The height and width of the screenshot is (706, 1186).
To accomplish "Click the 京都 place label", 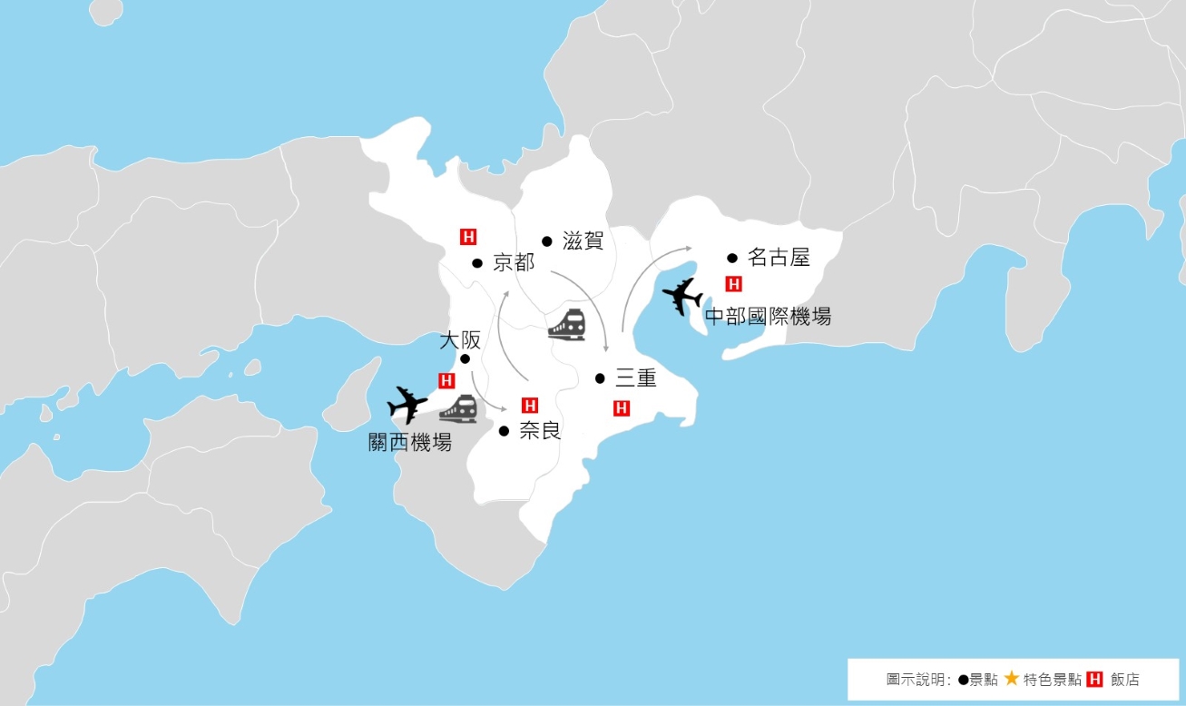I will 514,263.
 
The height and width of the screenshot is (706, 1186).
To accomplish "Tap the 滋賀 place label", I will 583,241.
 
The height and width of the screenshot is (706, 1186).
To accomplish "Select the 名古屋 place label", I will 778,258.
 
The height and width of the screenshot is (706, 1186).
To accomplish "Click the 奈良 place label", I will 539,430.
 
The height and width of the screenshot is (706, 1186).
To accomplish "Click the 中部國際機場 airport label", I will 768,317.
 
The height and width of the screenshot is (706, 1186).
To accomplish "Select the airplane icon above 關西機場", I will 407,405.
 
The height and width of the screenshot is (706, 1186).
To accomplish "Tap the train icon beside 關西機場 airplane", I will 458,409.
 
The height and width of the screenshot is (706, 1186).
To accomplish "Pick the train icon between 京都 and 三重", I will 567,324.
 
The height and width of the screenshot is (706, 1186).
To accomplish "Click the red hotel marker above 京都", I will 468,238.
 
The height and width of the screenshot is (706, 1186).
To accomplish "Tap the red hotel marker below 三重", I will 622,407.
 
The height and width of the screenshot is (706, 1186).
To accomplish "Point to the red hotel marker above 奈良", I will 530,405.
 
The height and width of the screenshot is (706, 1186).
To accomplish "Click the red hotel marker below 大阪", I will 446,380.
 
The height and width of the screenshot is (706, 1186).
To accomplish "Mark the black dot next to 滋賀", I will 547,241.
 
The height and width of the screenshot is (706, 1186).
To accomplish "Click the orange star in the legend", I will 1012,678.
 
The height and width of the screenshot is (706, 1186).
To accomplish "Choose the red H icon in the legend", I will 1094,679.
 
